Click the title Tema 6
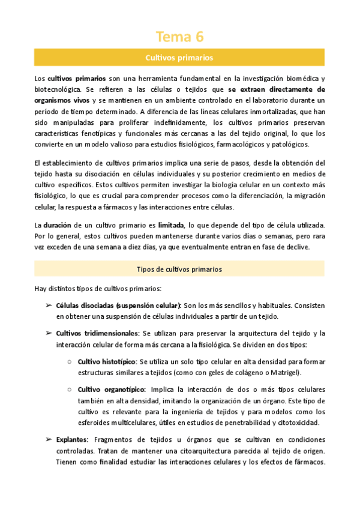(x=179, y=37)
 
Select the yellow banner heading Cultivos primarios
(x=179, y=58)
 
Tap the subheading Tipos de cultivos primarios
(x=179, y=270)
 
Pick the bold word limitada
(x=170, y=224)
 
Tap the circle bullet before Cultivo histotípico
(x=70, y=361)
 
